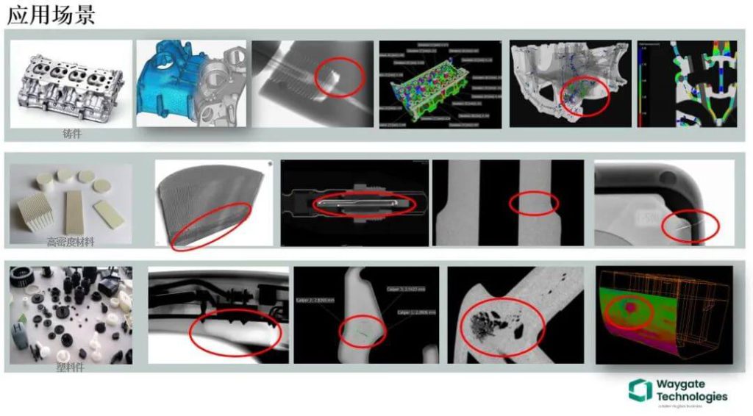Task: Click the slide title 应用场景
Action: click(x=51, y=15)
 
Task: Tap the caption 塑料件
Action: click(x=71, y=367)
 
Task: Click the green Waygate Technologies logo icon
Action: click(x=640, y=390)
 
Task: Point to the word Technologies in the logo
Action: click(x=692, y=396)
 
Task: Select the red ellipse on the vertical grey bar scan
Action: click(x=535, y=203)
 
